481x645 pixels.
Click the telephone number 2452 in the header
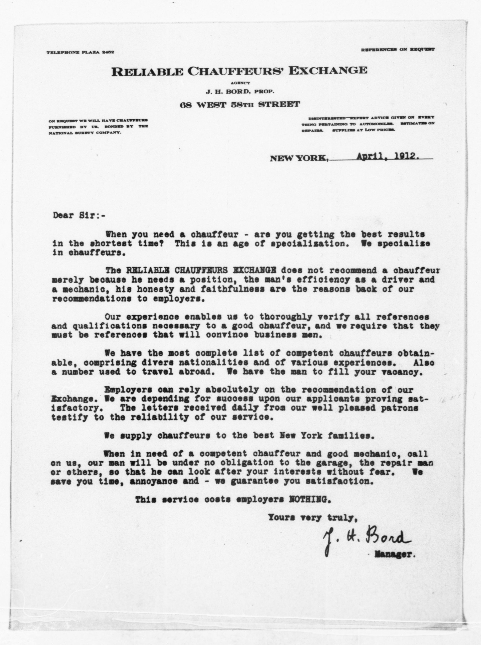click(108, 52)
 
